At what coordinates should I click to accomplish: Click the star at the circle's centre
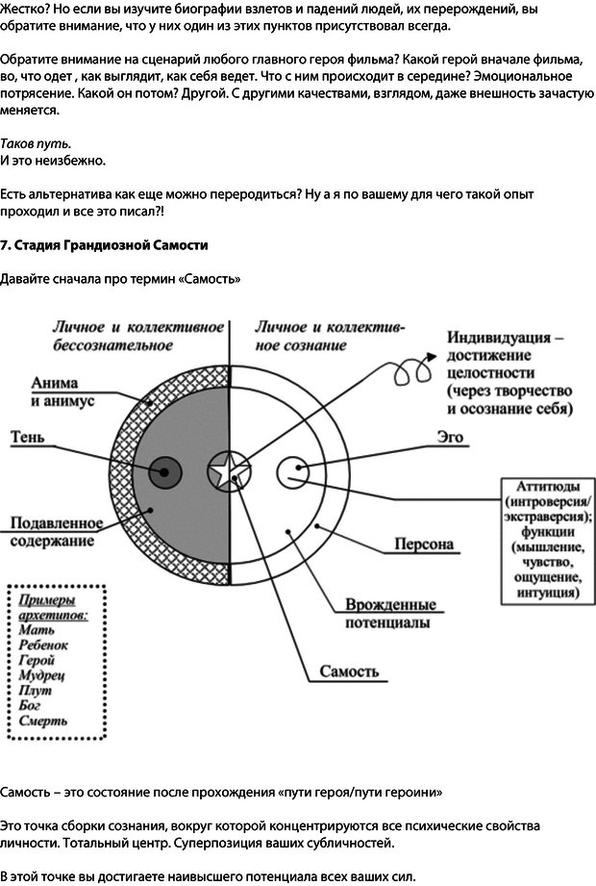[x=229, y=471]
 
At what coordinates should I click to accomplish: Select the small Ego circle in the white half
[x=292, y=471]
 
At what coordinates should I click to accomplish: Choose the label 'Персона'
[x=424, y=544]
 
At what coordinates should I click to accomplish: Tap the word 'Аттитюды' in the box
[x=546, y=486]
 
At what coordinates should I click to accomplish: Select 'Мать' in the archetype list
[x=37, y=629]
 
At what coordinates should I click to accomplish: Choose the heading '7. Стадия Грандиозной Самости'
[x=104, y=245]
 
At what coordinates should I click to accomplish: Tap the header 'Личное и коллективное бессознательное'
[x=137, y=336]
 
